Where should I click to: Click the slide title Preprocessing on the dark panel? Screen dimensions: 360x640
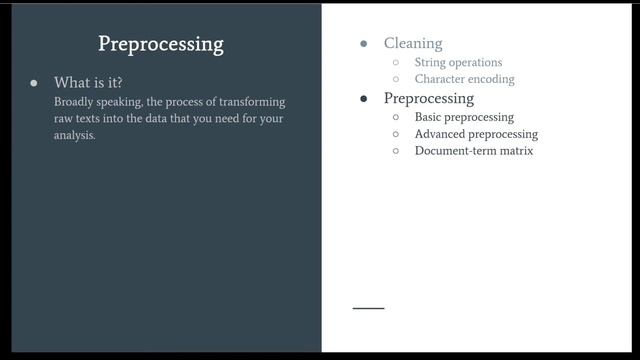pos(160,44)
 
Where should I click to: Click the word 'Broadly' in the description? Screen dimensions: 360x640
pos(76,102)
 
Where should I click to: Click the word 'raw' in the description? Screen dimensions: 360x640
pos(64,118)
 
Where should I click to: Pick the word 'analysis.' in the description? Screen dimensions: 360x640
pos(75,135)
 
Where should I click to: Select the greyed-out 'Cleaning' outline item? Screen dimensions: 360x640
pos(412,44)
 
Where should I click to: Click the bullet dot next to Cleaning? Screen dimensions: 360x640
pos(363,44)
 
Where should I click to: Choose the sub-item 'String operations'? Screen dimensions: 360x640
pos(458,62)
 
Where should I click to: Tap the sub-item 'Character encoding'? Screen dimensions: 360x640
pos(464,79)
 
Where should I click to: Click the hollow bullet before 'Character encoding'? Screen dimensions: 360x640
pos(396,79)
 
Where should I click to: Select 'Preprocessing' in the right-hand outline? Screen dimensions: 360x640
pos(428,98)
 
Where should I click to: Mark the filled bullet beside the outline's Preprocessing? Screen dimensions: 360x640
pos(363,99)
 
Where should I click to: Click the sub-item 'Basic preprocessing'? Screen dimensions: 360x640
pos(464,117)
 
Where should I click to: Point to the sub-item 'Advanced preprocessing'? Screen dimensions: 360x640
pos(476,134)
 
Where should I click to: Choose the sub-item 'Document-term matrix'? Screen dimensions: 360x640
pos(474,151)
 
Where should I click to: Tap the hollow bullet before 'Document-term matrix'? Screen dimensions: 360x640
pos(396,151)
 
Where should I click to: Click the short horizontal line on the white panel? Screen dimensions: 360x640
pos(368,308)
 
